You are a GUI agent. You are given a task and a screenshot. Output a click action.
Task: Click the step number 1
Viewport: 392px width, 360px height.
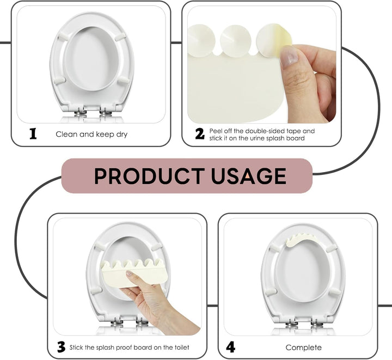click(x=33, y=133)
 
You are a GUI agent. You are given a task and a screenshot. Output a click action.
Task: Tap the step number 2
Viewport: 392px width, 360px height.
click(x=200, y=134)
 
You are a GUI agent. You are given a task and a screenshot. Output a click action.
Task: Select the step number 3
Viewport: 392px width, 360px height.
click(x=62, y=347)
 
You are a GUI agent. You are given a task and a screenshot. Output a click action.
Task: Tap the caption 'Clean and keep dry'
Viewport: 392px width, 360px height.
click(x=91, y=134)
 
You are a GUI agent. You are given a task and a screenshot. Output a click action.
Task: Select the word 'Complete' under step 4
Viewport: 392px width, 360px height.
click(x=303, y=347)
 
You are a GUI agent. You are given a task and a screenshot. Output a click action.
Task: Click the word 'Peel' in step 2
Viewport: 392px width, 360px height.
click(x=217, y=131)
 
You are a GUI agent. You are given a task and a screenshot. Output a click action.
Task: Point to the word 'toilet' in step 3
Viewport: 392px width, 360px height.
click(x=180, y=347)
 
